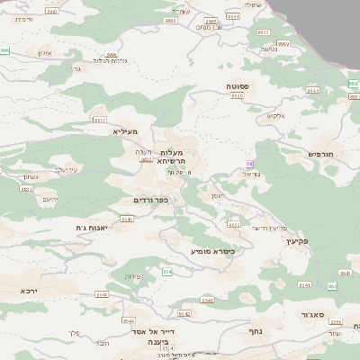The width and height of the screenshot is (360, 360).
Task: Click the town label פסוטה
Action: pyautogui.click(x=238, y=85)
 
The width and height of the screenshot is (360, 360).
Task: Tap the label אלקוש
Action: pyautogui.click(x=275, y=115)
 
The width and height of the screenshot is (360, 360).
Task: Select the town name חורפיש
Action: pyautogui.click(x=320, y=154)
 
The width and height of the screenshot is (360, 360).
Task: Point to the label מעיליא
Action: pyautogui.click(x=124, y=131)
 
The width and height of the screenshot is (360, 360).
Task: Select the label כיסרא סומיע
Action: pyautogui.click(x=212, y=251)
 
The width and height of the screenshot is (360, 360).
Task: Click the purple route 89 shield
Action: pyautogui.click(x=249, y=164)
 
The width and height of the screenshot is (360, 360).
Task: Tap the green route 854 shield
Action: pyautogui.click(x=166, y=271)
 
